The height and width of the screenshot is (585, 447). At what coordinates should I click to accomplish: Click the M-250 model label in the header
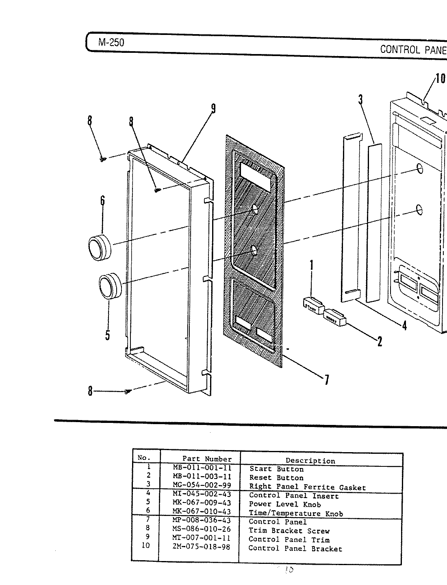click(111, 42)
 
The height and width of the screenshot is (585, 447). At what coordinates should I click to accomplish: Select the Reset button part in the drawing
click(334, 316)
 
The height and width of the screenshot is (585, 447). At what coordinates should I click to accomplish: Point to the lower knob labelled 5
click(110, 286)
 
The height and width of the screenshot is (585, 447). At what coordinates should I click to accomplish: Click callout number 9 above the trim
click(213, 109)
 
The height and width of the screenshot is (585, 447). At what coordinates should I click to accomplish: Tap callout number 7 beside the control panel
click(326, 379)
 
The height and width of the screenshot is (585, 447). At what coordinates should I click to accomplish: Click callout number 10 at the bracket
click(440, 78)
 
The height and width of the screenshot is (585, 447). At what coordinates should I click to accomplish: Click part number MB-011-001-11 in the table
click(202, 468)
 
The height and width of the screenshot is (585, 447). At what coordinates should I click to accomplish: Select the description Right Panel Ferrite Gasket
click(307, 487)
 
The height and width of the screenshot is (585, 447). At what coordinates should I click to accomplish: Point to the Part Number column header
click(207, 459)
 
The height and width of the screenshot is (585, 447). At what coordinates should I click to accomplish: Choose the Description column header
click(310, 461)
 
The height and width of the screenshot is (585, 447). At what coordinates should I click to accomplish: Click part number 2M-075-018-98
click(202, 547)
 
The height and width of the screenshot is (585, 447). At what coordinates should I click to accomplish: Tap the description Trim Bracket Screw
click(289, 531)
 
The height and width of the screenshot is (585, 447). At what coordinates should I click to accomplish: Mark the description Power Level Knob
click(285, 504)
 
